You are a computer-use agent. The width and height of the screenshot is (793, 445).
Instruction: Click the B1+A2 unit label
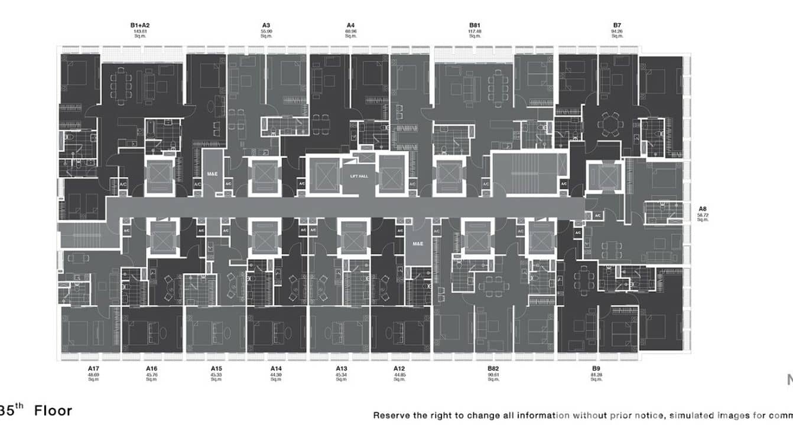(140, 25)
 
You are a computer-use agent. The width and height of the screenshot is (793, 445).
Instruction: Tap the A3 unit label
(266, 25)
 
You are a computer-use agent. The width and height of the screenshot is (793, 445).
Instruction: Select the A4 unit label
(350, 25)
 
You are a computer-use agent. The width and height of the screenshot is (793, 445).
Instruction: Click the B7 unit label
(617, 25)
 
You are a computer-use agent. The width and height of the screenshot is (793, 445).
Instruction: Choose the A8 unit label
(703, 209)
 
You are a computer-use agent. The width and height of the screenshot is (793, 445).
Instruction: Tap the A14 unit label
(276, 369)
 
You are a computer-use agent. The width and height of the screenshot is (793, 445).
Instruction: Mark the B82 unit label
(493, 369)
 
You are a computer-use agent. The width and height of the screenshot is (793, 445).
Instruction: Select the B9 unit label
(596, 369)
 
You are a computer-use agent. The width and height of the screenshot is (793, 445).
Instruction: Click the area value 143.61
(140, 31)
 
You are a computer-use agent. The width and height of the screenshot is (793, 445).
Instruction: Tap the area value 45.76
(152, 375)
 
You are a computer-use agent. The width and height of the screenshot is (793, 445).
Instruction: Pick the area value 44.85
(400, 375)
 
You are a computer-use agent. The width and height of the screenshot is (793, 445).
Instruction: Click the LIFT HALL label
(359, 176)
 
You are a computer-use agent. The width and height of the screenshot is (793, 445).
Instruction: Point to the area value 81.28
(596, 375)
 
